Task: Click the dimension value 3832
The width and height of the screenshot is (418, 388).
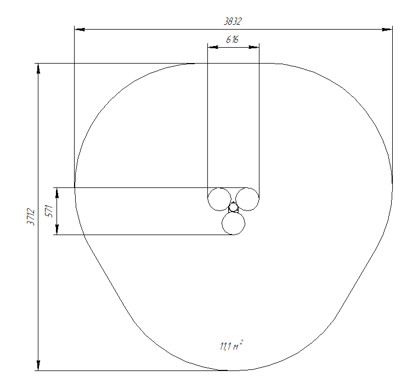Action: tap(233, 21)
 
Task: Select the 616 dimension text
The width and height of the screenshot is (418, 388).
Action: tap(233, 39)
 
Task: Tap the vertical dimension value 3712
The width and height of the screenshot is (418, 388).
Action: tap(31, 217)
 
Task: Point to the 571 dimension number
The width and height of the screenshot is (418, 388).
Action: tap(49, 211)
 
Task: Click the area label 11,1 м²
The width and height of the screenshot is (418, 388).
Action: tap(231, 345)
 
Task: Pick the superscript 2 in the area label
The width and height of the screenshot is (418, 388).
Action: tap(241, 341)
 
